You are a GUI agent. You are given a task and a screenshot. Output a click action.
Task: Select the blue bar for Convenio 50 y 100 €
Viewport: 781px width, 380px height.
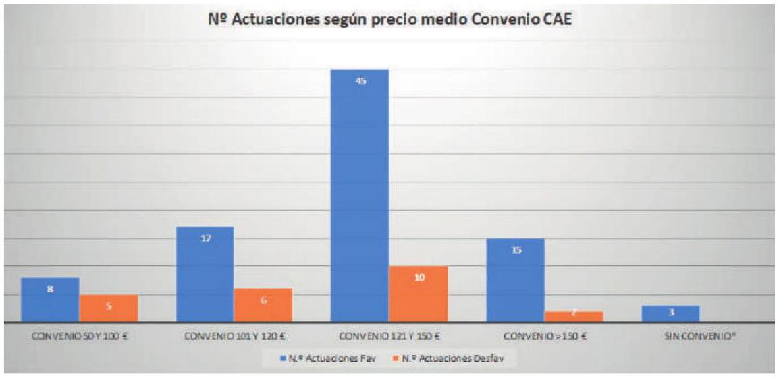click(50, 300)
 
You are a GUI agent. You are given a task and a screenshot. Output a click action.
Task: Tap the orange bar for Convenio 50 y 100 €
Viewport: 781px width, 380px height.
click(109, 308)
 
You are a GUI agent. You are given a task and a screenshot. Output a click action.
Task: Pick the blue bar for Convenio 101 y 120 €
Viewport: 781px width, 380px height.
click(205, 275)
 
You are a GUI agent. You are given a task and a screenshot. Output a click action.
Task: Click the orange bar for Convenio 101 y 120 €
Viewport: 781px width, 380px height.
click(263, 306)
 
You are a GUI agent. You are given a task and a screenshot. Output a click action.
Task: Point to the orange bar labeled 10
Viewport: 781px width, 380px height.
click(419, 294)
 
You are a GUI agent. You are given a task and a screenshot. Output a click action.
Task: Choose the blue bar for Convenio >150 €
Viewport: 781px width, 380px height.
click(515, 280)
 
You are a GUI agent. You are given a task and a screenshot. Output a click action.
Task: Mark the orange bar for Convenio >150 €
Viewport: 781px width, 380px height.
click(573, 317)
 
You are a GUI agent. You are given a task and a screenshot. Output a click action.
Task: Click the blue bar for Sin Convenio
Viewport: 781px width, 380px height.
click(672, 314)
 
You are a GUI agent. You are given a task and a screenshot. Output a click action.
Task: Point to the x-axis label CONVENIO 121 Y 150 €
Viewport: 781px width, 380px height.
click(389, 336)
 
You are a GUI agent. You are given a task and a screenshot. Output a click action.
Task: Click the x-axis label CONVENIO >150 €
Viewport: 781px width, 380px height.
click(543, 336)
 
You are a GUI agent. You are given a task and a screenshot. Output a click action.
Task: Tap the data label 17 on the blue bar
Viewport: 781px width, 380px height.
click(205, 238)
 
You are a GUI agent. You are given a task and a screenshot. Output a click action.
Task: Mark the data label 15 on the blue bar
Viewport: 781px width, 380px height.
click(515, 250)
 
